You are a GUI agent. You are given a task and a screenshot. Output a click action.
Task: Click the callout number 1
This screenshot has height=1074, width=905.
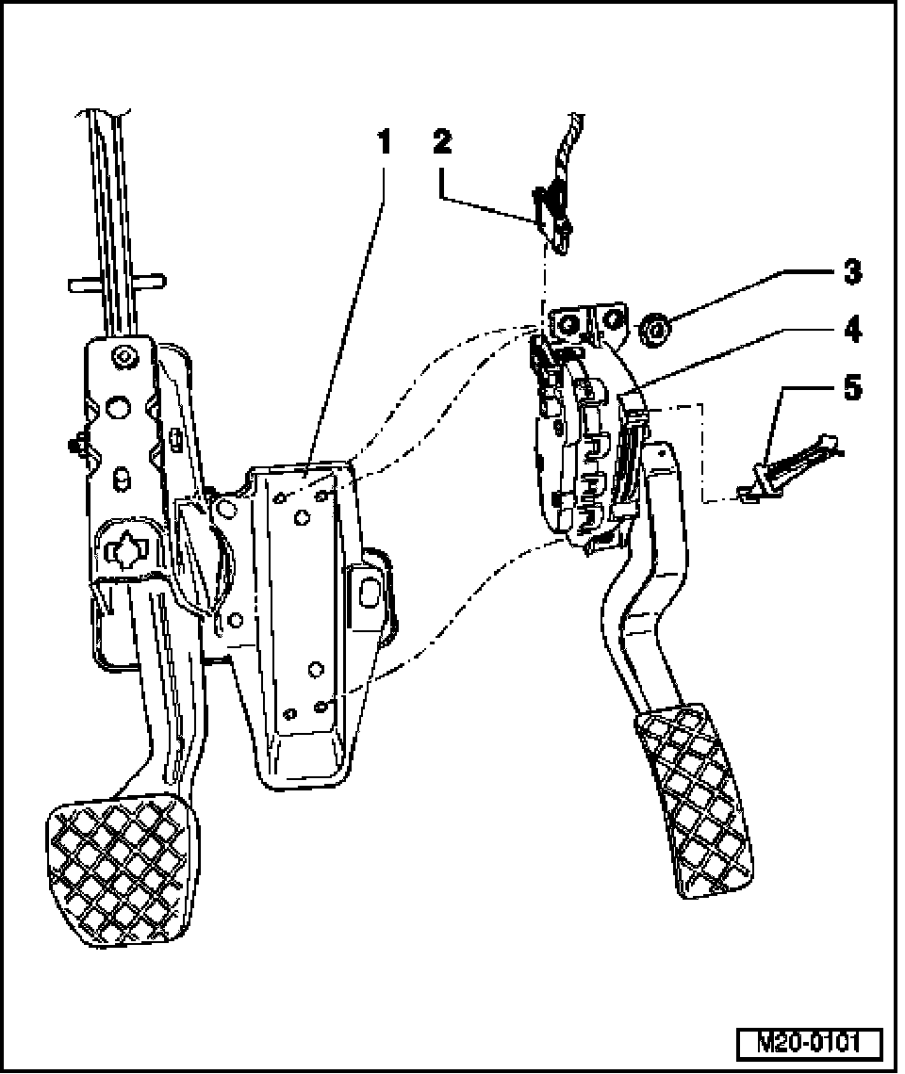click(x=383, y=142)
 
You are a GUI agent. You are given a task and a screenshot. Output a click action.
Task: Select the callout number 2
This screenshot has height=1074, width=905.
click(x=442, y=142)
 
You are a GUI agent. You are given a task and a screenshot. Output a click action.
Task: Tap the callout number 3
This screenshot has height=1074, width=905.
click(x=851, y=273)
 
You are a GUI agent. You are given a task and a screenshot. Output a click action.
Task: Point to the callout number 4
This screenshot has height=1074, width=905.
click(x=851, y=330)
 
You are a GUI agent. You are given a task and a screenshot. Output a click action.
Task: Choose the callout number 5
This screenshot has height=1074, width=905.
click(x=851, y=387)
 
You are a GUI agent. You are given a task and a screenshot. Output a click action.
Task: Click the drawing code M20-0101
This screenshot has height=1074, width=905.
click(x=808, y=1044)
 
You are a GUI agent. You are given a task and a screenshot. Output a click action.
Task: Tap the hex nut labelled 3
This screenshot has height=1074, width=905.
click(x=654, y=331)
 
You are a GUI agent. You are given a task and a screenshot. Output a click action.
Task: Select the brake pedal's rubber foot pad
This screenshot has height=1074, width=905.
click(x=123, y=871)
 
